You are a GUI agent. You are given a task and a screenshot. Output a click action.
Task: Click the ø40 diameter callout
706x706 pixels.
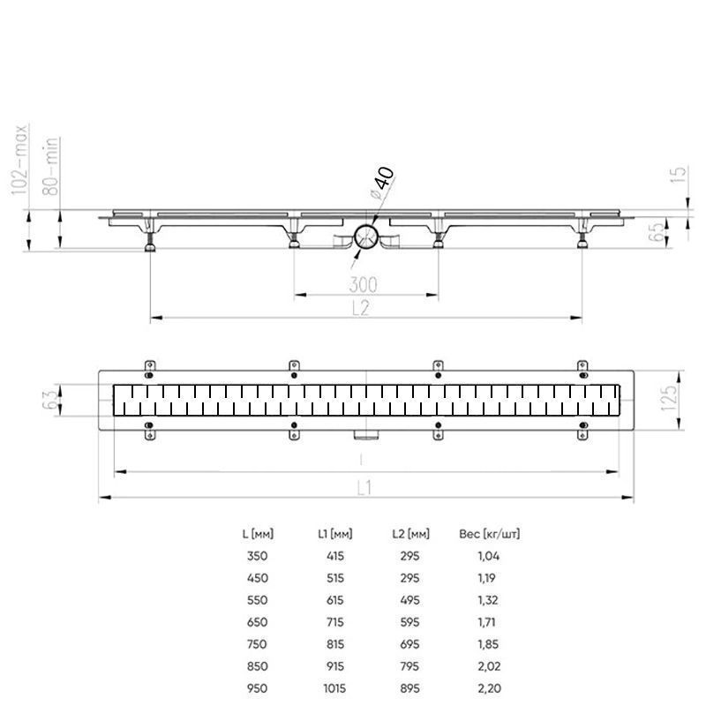click(x=382, y=183)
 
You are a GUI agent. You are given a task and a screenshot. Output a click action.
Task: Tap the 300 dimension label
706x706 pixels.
click(x=364, y=284)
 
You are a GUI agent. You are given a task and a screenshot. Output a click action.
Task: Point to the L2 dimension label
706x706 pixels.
click(x=361, y=308)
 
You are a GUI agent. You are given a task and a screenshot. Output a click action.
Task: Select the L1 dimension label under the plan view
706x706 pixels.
click(x=364, y=488)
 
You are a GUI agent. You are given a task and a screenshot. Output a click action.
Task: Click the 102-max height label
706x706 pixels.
click(x=19, y=160)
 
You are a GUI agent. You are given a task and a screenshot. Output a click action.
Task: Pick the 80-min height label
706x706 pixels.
click(x=51, y=166)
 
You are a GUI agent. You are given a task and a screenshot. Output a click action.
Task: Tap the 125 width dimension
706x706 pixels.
click(x=669, y=397)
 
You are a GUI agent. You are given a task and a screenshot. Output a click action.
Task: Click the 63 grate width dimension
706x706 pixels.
click(x=51, y=400)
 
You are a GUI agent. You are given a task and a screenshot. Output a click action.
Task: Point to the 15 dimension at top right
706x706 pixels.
click(x=679, y=174)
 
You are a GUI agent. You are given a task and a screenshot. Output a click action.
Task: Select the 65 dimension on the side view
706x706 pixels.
click(x=657, y=230)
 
